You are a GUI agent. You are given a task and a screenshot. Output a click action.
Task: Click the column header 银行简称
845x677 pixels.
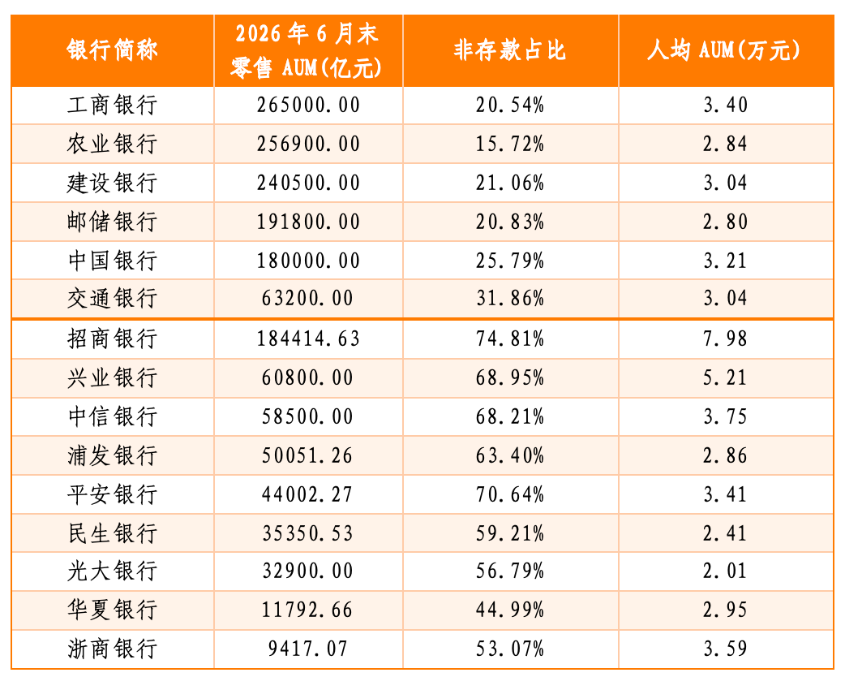[112, 50]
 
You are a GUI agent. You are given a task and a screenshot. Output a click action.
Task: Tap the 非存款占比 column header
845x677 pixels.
[510, 50]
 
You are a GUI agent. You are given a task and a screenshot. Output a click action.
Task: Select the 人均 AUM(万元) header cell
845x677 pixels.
[724, 50]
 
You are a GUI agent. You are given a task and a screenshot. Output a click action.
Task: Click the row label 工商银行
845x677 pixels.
[112, 105]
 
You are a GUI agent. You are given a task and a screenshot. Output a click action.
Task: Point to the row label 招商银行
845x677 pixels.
[112, 338]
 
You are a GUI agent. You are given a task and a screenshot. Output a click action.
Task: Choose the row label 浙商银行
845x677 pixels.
[112, 649]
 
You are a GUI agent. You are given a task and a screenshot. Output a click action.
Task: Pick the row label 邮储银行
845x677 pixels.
[112, 222]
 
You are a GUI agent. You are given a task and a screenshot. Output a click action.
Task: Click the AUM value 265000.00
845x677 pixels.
[308, 106]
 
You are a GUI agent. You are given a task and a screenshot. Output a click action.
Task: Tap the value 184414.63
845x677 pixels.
[308, 338]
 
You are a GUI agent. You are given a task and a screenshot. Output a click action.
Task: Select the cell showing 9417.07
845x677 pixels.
[308, 649]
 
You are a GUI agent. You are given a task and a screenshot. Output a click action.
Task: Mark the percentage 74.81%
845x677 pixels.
[510, 338]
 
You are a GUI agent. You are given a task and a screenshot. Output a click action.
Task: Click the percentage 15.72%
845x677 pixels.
[510, 144]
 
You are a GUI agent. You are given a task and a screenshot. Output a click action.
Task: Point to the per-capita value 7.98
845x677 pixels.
[725, 338]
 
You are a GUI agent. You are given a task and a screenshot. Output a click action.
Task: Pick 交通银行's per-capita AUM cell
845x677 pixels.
[725, 298]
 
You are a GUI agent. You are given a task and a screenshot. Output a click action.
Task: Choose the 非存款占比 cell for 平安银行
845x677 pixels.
[510, 494]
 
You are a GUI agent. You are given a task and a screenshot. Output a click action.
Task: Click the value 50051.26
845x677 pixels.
[307, 456]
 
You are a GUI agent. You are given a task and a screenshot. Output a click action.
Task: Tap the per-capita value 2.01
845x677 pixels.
[725, 571]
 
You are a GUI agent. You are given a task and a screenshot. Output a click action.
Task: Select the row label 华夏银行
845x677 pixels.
[112, 610]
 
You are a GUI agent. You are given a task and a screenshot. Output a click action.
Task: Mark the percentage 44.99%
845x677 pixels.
[510, 610]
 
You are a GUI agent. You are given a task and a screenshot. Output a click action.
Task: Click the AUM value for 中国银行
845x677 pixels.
[308, 261]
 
